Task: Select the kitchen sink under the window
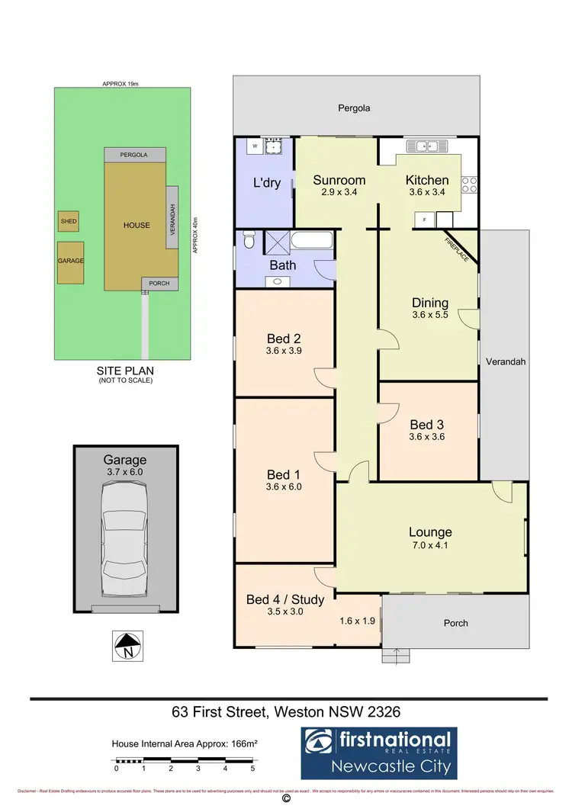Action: [420, 146]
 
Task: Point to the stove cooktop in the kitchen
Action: [471, 184]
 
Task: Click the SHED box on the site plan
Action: [68, 221]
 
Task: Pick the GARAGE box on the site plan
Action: [70, 261]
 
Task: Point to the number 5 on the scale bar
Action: [252, 769]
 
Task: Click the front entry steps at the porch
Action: [395, 655]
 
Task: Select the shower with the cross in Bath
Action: [275, 243]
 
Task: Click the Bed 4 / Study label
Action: [285, 599]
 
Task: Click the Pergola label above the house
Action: [355, 108]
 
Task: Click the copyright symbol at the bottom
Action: [286, 800]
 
